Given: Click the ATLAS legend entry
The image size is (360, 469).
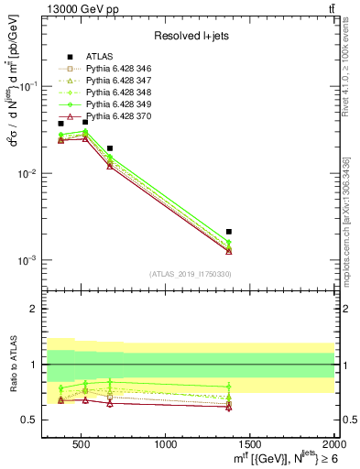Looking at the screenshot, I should click(x=98, y=57).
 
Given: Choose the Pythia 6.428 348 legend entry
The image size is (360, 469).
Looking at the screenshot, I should click(x=119, y=93).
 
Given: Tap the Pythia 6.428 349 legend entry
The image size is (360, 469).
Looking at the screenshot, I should click(x=119, y=104).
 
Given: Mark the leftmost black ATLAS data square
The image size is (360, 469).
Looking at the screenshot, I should click(x=61, y=123).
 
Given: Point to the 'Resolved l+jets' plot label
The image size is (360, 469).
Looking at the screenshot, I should click(x=189, y=37).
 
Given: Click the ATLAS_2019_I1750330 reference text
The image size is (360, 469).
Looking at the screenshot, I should click(x=189, y=274).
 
